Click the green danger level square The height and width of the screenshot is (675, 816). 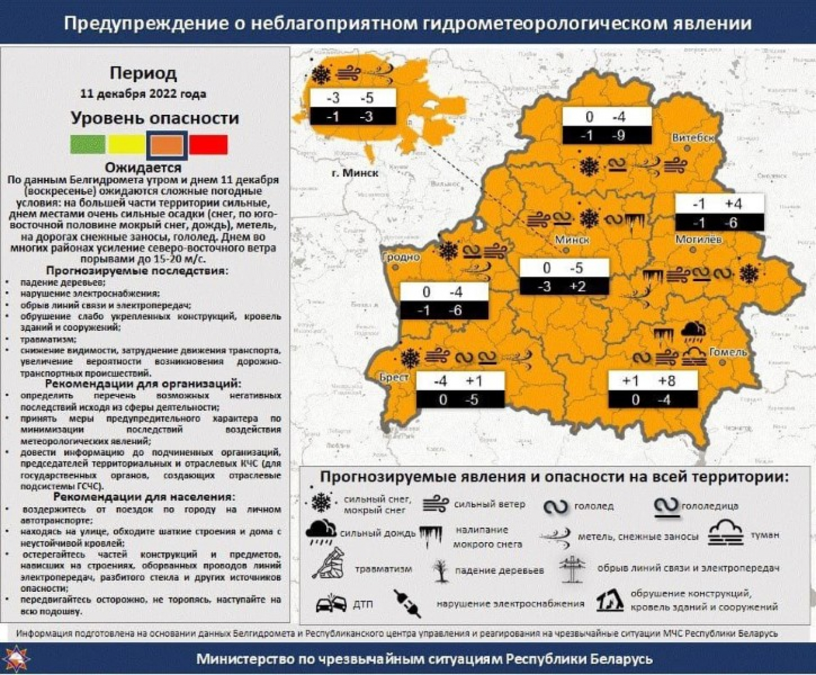87,144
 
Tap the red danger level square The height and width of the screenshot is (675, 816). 208,144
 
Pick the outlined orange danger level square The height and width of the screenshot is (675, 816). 167,144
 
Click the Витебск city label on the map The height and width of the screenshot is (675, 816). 692,138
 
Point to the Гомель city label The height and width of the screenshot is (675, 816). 727,352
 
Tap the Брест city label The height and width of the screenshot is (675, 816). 394,377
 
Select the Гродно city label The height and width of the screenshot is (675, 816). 401,257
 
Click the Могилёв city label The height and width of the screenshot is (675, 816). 698,239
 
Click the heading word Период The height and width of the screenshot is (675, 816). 143,73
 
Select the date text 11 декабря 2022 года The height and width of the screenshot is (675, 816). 143,94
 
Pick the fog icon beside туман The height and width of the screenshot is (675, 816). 726,534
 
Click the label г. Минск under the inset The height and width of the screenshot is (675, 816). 354,173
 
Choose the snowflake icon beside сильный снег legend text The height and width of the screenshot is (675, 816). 321,503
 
